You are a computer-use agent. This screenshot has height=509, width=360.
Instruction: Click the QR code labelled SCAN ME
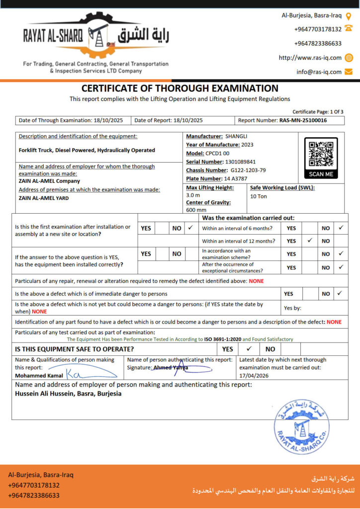(321, 154)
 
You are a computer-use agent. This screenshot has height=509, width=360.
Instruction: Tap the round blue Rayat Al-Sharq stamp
(301, 426)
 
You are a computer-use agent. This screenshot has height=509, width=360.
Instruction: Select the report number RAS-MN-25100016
(303, 120)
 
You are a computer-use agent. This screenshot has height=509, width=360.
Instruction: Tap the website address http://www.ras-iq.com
(310, 58)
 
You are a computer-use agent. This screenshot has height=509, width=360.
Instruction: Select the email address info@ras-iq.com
(319, 72)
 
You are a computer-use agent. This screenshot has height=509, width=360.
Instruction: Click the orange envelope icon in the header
(349, 72)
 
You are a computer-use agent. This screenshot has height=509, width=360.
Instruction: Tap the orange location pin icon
(349, 16)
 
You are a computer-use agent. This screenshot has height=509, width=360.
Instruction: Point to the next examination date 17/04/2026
(254, 376)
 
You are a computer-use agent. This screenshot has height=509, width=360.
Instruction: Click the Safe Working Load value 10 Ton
(259, 196)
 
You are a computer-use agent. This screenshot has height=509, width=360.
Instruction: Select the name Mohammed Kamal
(39, 376)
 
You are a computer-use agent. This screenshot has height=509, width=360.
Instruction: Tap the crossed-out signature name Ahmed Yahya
(171, 368)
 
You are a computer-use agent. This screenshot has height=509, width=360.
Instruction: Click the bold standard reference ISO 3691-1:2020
(222, 339)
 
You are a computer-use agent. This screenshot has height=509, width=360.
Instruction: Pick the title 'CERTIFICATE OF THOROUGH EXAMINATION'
(180, 88)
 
